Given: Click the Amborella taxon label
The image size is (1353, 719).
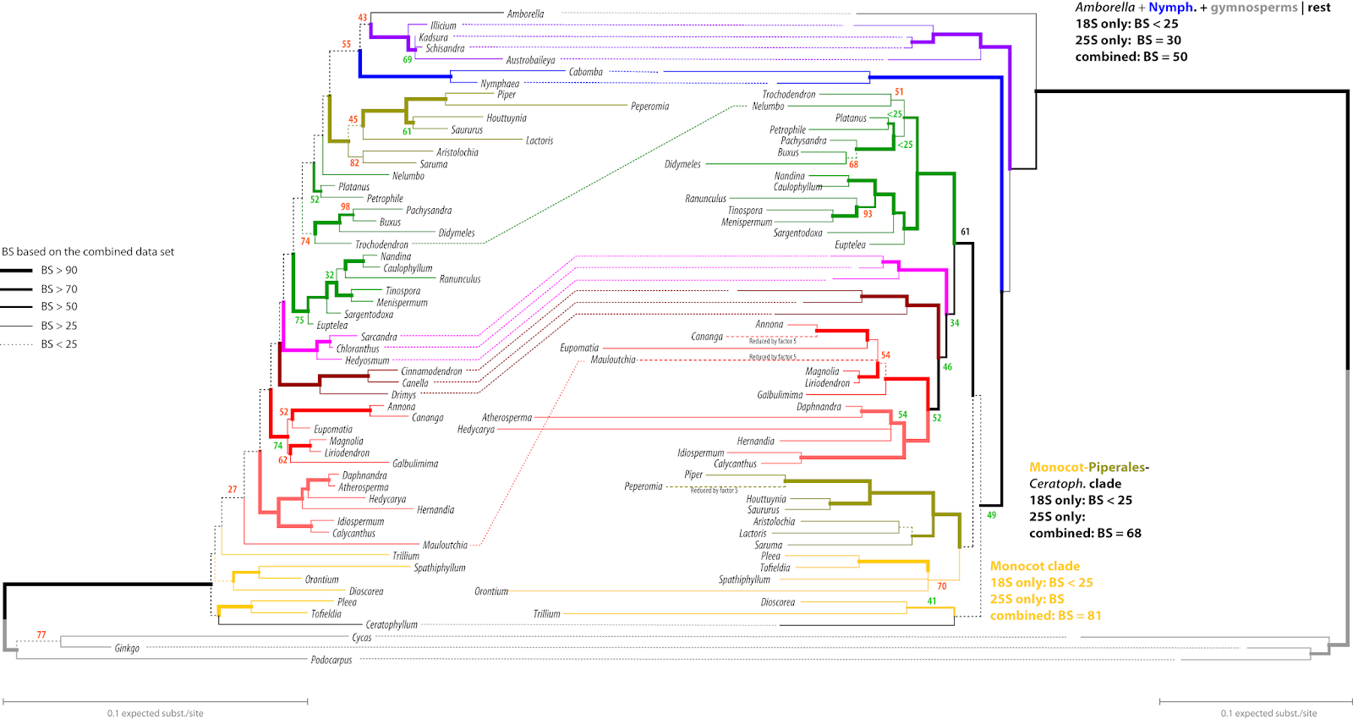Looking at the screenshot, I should click(x=525, y=14).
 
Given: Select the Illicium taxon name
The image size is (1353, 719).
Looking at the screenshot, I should click(x=443, y=25).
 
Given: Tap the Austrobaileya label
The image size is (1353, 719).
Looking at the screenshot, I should click(x=530, y=60).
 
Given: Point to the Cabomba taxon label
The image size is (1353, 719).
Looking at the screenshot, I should click(x=585, y=72).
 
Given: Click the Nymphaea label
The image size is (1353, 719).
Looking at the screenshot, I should click(x=500, y=84).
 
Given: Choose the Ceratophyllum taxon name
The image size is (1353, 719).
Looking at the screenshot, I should click(x=392, y=625).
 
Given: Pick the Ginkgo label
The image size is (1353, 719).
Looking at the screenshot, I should click(x=127, y=648).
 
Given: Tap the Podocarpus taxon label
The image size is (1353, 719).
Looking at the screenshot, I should click(x=331, y=660).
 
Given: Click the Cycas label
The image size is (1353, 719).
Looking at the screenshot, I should click(x=361, y=637).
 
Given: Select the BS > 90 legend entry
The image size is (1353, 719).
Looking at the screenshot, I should click(x=58, y=271).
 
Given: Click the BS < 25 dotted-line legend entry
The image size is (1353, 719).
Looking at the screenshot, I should click(x=58, y=344).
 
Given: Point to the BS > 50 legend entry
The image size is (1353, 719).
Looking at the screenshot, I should click(x=58, y=307).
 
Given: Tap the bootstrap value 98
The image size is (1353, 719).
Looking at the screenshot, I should click(x=345, y=206).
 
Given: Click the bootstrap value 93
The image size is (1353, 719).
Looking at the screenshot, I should click(x=868, y=214).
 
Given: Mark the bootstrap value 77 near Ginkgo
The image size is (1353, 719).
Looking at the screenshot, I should click(x=41, y=634).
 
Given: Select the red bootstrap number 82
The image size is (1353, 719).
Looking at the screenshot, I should click(x=354, y=162).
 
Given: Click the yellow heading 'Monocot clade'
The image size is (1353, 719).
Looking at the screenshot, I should click(x=1034, y=566).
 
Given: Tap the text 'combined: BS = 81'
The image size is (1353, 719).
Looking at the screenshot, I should click(x=1045, y=616).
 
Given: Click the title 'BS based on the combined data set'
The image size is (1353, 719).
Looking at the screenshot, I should click(x=88, y=252).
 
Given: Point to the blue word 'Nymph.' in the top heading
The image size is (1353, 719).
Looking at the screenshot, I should click(x=1172, y=8).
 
